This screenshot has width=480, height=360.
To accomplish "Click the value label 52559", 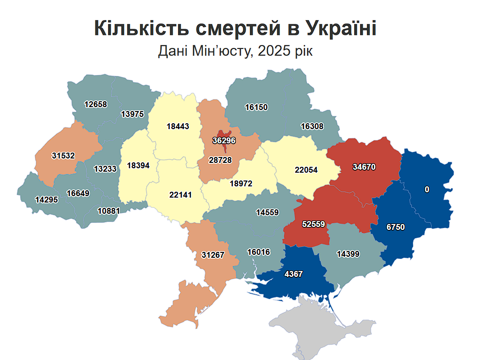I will pyautogui.click(x=314, y=225).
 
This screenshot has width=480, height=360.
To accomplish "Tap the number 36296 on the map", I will pyautogui.click(x=224, y=140).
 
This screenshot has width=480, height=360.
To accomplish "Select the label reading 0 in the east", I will pyautogui.click(x=427, y=189).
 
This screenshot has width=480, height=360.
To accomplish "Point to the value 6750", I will pyautogui.click(x=395, y=227).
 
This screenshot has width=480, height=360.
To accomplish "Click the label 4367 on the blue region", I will pyautogui.click(x=294, y=274).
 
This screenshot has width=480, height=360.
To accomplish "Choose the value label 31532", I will pyautogui.click(x=63, y=156).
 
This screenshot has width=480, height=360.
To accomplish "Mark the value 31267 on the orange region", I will pyautogui.click(x=213, y=255).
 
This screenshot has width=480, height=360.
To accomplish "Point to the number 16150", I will pyautogui.click(x=256, y=107).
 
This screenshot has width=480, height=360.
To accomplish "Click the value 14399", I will pyautogui.click(x=348, y=253).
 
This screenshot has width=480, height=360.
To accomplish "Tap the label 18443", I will pyautogui.click(x=178, y=126).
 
